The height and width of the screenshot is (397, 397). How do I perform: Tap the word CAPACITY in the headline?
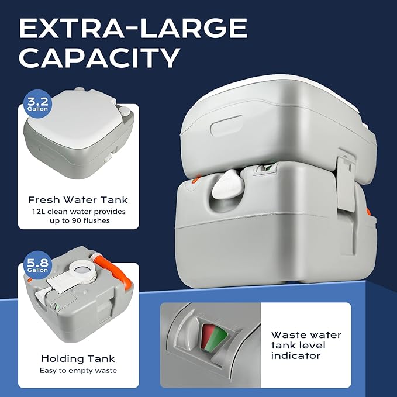click(x=99, y=58)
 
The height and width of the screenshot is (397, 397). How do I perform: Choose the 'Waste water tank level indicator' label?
click(x=306, y=346)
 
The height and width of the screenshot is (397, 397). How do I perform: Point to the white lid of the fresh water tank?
click(x=69, y=128)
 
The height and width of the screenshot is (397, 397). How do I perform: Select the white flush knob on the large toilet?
click(x=224, y=187)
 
